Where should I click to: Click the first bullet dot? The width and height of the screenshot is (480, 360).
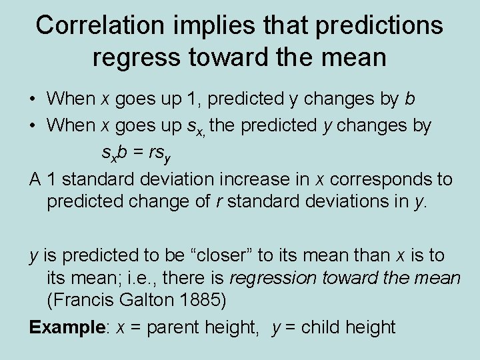click(33, 99)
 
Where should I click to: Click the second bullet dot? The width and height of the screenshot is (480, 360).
click(33, 126)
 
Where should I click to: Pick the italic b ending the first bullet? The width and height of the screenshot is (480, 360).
click(410, 99)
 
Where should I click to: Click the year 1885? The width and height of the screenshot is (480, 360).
click(203, 300)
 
